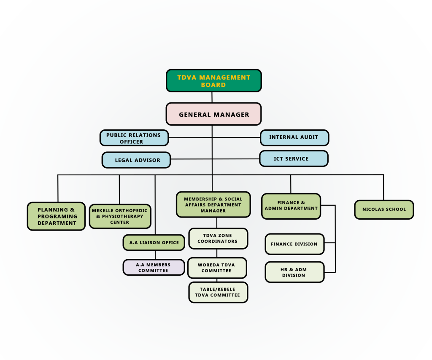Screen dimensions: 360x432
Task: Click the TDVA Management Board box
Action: pyautogui.click(x=213, y=81)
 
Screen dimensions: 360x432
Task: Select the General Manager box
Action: pyautogui.click(x=213, y=114)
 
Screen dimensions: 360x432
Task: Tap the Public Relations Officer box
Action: pyautogui.click(x=134, y=138)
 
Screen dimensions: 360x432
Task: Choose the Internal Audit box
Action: pyautogui.click(x=294, y=137)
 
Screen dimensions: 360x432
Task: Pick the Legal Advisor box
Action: pyautogui.click(x=137, y=160)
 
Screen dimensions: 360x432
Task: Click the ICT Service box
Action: pyautogui.click(x=294, y=159)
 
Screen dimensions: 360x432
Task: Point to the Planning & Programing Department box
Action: pyautogui.click(x=57, y=216)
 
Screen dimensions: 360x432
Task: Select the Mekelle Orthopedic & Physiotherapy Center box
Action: pyautogui.click(x=120, y=216)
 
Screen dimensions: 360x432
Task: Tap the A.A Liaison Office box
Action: pyautogui.click(x=154, y=242)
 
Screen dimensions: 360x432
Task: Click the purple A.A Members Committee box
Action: pyautogui.click(x=154, y=267)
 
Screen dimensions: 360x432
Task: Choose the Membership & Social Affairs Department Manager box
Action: pyautogui.click(x=213, y=204)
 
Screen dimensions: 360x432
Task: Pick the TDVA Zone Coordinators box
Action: pyautogui.click(x=218, y=239)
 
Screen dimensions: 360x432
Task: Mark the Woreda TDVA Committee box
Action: pyautogui.click(x=217, y=268)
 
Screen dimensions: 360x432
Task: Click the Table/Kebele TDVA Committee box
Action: pyautogui.click(x=218, y=292)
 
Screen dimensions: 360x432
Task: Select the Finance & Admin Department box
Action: pyautogui.click(x=291, y=206)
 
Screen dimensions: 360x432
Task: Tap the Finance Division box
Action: pyautogui.click(x=294, y=244)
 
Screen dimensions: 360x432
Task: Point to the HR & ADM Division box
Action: pyautogui.click(x=294, y=272)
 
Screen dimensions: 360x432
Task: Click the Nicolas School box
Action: pyautogui.click(x=384, y=210)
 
